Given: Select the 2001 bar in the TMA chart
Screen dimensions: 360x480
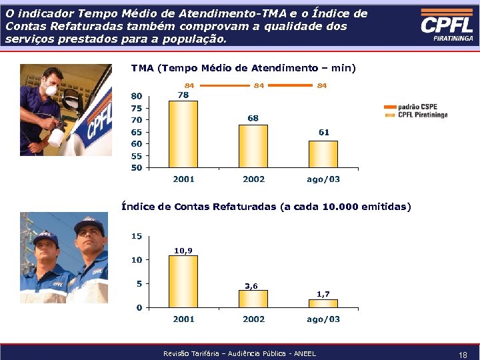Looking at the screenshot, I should click(183, 134).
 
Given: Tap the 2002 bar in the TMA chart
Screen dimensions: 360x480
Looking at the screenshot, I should click(253, 146).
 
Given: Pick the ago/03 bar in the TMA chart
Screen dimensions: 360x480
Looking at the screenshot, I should click(323, 154).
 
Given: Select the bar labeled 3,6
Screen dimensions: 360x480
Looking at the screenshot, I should click(253, 299).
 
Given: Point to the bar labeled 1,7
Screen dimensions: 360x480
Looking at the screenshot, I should click(323, 303).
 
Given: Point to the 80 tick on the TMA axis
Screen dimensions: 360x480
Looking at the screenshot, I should click(136, 96).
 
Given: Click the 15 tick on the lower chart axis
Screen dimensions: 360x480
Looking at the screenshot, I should click(136, 236).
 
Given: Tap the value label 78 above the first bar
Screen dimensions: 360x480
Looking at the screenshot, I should click(183, 95).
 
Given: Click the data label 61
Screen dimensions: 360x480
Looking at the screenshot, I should click(323, 133).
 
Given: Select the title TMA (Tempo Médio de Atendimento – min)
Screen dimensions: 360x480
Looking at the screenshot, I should click(243, 68).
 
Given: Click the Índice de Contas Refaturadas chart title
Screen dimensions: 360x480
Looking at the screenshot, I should click(266, 207).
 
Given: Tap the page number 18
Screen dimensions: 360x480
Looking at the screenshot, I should click(462, 355).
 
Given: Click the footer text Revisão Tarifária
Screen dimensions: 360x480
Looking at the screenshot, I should click(239, 353).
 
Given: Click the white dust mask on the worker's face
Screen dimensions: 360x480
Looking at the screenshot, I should click(47, 90).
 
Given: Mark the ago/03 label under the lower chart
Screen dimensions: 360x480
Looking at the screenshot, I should click(323, 319).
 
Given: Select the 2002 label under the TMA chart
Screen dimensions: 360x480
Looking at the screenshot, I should click(253, 179).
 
